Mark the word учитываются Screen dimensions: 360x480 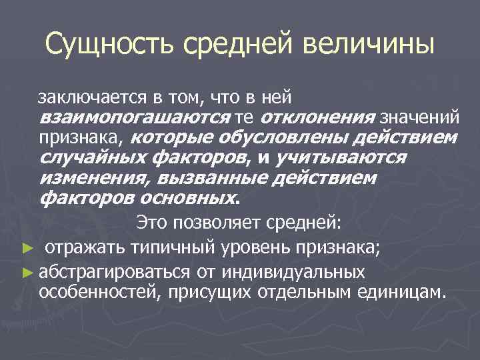(346, 158)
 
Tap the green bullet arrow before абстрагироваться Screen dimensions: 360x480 (26, 271)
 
